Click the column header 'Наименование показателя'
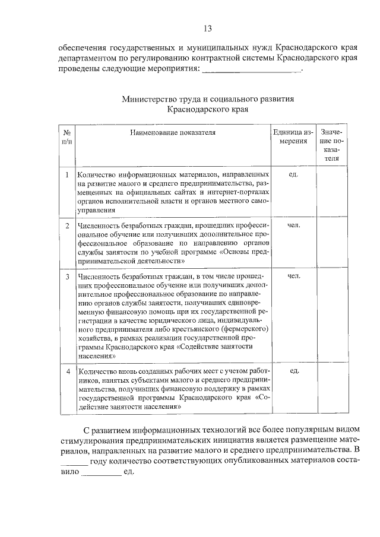pos(173,132)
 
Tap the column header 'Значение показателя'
pos(331,145)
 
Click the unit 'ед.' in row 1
pos(293,174)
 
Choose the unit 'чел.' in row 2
pos(293,225)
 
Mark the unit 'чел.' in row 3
pos(293,277)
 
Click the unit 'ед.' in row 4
pos(293,370)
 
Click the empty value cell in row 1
pos(331,193)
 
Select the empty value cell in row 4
pos(331,389)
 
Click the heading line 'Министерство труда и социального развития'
pos(208,99)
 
